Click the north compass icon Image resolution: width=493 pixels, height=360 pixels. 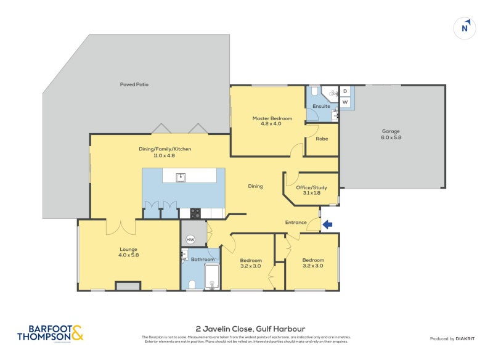tap(466, 28)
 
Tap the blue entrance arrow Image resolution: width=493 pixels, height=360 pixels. tap(328, 225)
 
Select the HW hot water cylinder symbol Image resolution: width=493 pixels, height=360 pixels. tap(190, 239)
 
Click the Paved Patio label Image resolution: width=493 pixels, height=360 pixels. tap(134, 84)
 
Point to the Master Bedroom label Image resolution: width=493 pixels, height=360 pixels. tap(272, 121)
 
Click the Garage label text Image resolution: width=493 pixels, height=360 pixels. tap(391, 134)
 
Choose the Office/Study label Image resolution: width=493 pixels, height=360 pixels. tap(311, 190)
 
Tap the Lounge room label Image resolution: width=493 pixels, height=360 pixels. tap(128, 252)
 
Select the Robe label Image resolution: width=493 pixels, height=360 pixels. tap(322, 139)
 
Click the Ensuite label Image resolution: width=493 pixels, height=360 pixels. tap(321, 106)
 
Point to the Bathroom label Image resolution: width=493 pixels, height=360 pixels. tap(202, 260)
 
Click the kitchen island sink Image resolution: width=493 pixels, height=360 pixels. tap(181, 178)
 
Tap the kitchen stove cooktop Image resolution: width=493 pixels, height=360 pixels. tap(195, 214)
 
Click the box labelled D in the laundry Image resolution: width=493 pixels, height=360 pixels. tap(345, 91)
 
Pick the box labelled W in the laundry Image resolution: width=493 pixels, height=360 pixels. tap(345, 102)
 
